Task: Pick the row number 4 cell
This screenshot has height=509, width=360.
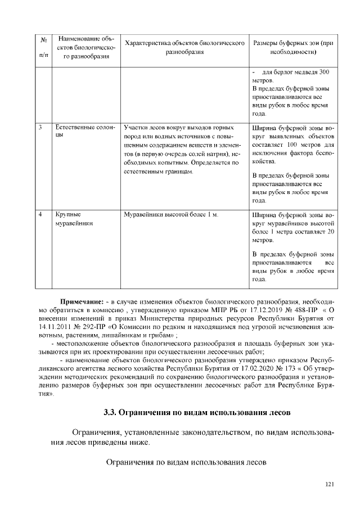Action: tap(41, 215)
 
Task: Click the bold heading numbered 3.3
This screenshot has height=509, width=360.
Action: tap(196, 413)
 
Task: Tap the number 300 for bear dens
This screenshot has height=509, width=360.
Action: tap(323, 73)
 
